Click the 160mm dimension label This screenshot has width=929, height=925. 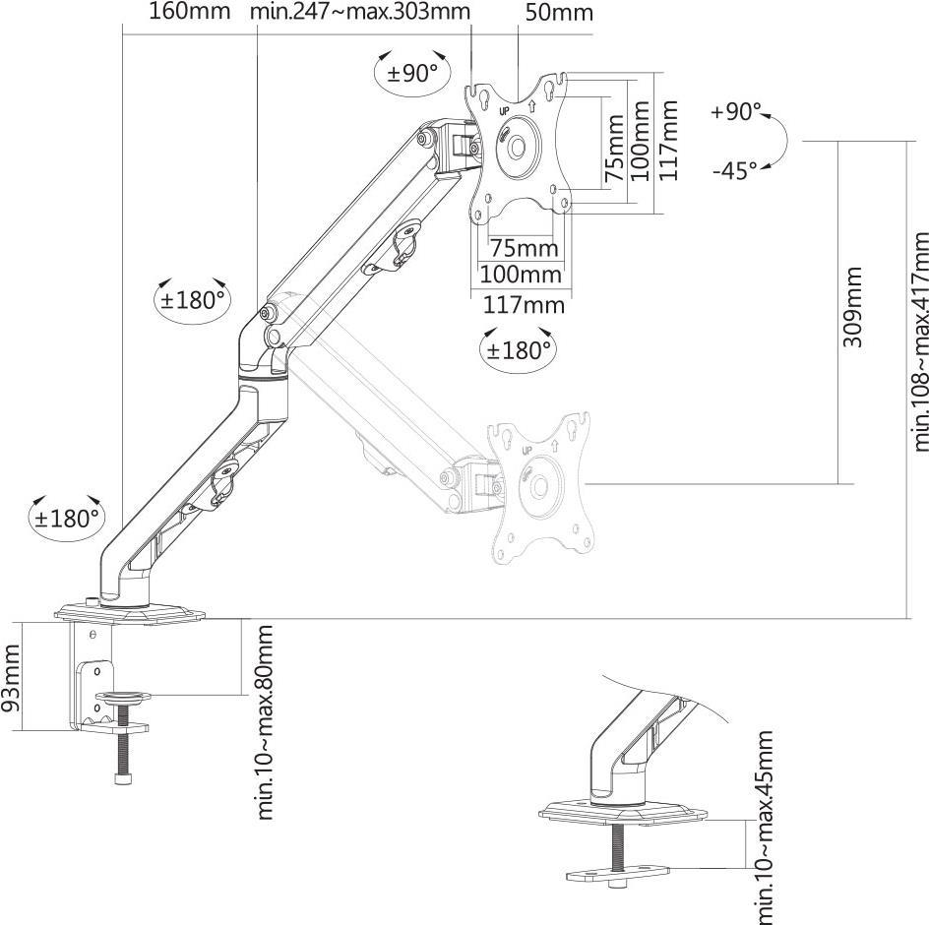pos(189,11)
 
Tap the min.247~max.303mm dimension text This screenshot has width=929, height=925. pos(360,11)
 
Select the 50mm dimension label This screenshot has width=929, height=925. pos(559,13)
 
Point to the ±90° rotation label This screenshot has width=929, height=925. pos(412,74)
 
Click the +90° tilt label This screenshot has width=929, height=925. pos(735,111)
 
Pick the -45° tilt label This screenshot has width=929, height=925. pos(735,171)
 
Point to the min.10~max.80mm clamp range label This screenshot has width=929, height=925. pos(265,722)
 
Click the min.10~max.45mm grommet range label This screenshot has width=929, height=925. pos(765,828)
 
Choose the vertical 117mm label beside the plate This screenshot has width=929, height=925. pos(668,140)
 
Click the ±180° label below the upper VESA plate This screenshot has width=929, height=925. pos(519,350)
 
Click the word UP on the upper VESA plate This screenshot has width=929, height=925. pos(505,111)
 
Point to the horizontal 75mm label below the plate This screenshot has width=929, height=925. pos(524,248)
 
